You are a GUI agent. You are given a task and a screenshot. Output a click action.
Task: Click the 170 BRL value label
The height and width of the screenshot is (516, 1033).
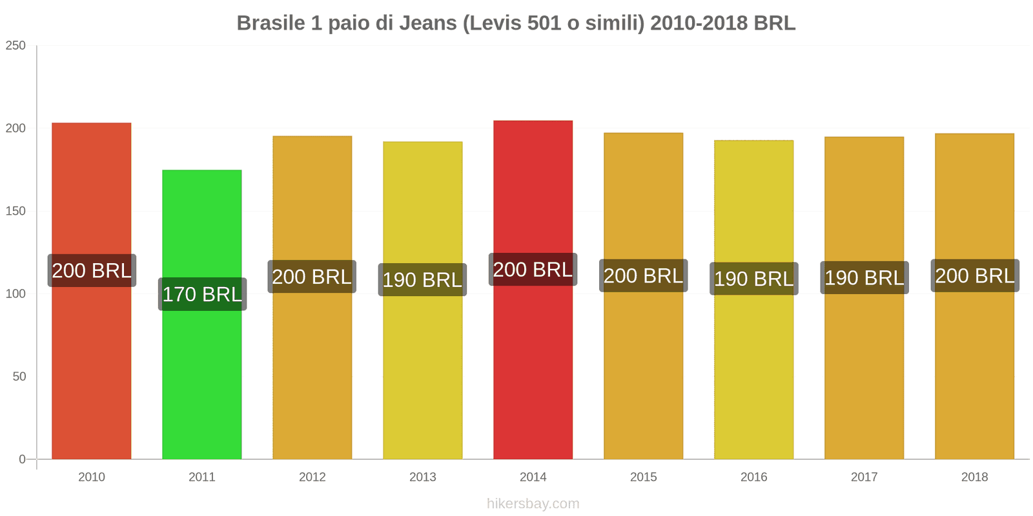(x=202, y=294)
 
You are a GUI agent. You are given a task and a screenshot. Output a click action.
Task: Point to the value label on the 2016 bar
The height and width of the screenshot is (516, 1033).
(x=753, y=279)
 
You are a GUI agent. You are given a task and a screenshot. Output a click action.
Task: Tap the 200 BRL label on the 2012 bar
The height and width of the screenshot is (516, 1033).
(x=312, y=277)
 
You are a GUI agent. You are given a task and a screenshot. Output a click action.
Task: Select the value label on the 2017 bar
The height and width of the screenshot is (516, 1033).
(x=864, y=278)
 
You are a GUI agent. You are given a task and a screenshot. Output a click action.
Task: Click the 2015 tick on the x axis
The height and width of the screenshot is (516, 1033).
(x=643, y=477)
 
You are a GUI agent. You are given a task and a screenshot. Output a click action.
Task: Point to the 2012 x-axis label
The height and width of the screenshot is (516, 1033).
(x=312, y=477)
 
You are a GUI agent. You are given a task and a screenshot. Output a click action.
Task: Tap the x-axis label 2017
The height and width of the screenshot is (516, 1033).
(x=864, y=477)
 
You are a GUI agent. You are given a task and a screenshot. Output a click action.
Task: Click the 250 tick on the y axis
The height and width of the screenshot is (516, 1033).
(x=15, y=45)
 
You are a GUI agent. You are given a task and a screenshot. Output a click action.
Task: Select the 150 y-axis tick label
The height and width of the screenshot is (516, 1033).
(x=15, y=211)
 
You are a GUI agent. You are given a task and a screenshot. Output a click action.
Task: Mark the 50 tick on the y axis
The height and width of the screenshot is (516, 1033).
(x=19, y=377)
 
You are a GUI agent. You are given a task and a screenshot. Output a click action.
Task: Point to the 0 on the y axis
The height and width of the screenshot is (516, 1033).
(x=22, y=459)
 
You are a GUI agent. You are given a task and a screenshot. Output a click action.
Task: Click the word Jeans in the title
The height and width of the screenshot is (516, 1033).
(x=428, y=23)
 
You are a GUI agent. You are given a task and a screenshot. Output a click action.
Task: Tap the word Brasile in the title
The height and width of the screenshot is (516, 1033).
(x=271, y=23)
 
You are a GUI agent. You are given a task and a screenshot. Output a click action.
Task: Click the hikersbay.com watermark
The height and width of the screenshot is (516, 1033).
(x=533, y=504)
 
